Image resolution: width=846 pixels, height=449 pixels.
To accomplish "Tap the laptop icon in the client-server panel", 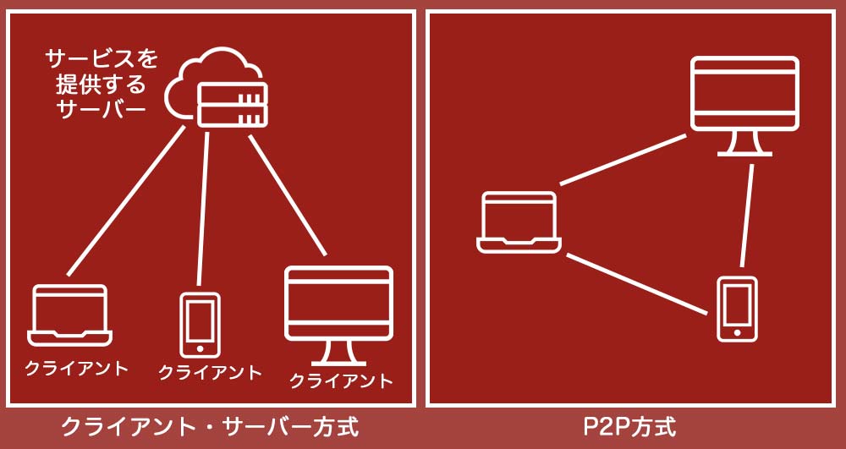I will click(69, 315).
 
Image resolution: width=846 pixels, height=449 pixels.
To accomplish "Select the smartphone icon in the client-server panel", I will click(200, 325).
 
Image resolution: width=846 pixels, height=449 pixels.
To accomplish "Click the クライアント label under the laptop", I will click(76, 368).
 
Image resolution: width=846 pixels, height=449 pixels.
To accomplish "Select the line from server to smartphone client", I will click(203, 208).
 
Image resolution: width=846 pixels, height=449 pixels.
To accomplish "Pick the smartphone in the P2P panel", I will click(737, 309).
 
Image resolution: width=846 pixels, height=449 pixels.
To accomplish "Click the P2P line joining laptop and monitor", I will click(624, 159).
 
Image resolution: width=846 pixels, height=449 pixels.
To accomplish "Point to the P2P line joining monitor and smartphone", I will click(747, 216).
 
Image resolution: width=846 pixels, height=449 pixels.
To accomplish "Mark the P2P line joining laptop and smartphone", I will click(636, 284).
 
